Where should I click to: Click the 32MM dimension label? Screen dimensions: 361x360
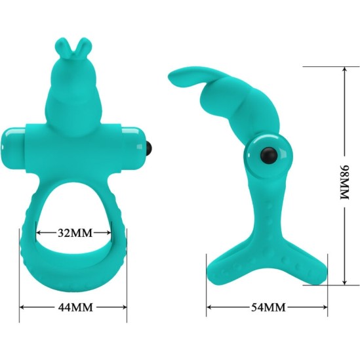pos(73,232)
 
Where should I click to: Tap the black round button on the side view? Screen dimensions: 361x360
pos(268,155)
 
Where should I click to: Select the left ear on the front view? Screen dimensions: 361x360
pos(62,47)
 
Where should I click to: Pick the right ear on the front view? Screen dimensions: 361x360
pos(81,46)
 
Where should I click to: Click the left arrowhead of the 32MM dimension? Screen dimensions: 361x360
pos(39,232)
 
